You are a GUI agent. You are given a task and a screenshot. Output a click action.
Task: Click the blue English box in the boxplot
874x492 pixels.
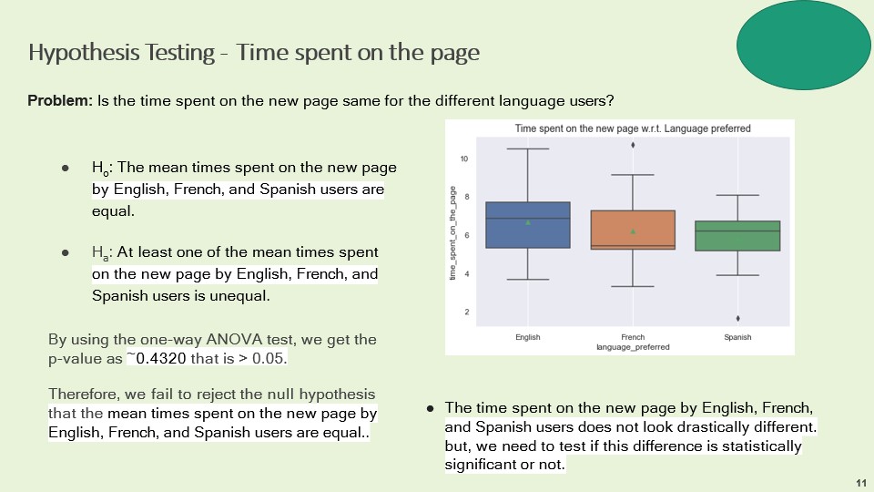click(528, 225)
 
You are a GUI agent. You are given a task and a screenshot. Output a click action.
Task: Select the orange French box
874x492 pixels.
click(633, 230)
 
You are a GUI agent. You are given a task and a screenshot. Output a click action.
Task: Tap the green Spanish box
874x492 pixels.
click(737, 236)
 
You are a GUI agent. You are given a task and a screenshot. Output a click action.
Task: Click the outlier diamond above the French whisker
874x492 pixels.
click(633, 145)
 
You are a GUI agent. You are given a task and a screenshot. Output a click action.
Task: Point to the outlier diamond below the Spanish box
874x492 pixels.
click(738, 319)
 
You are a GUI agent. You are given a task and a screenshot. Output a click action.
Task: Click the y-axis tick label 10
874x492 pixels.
click(464, 159)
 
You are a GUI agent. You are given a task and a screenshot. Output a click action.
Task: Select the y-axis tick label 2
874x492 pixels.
click(466, 312)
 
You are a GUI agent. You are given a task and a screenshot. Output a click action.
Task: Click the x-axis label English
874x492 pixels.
click(528, 337)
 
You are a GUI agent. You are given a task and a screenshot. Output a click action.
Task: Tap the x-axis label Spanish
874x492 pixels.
click(737, 337)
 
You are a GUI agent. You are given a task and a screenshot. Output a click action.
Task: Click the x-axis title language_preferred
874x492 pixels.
click(633, 347)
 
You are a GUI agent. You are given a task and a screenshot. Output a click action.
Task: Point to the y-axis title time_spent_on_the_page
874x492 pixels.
click(452, 233)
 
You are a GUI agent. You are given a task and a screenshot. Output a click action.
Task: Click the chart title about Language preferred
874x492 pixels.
click(633, 128)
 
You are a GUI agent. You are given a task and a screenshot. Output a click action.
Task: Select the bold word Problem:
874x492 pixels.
click(60, 100)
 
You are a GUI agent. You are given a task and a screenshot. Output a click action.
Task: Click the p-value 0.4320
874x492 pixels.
click(161, 358)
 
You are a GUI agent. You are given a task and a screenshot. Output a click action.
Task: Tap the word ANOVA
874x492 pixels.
click(234, 339)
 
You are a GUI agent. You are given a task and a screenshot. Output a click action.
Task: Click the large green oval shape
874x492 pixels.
click(803, 45)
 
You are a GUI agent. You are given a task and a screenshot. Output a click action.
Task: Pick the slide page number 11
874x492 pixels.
click(861, 483)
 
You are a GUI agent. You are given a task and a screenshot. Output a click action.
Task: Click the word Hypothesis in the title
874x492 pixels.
click(84, 53)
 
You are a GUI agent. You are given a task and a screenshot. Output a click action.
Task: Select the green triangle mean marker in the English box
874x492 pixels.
click(528, 222)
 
